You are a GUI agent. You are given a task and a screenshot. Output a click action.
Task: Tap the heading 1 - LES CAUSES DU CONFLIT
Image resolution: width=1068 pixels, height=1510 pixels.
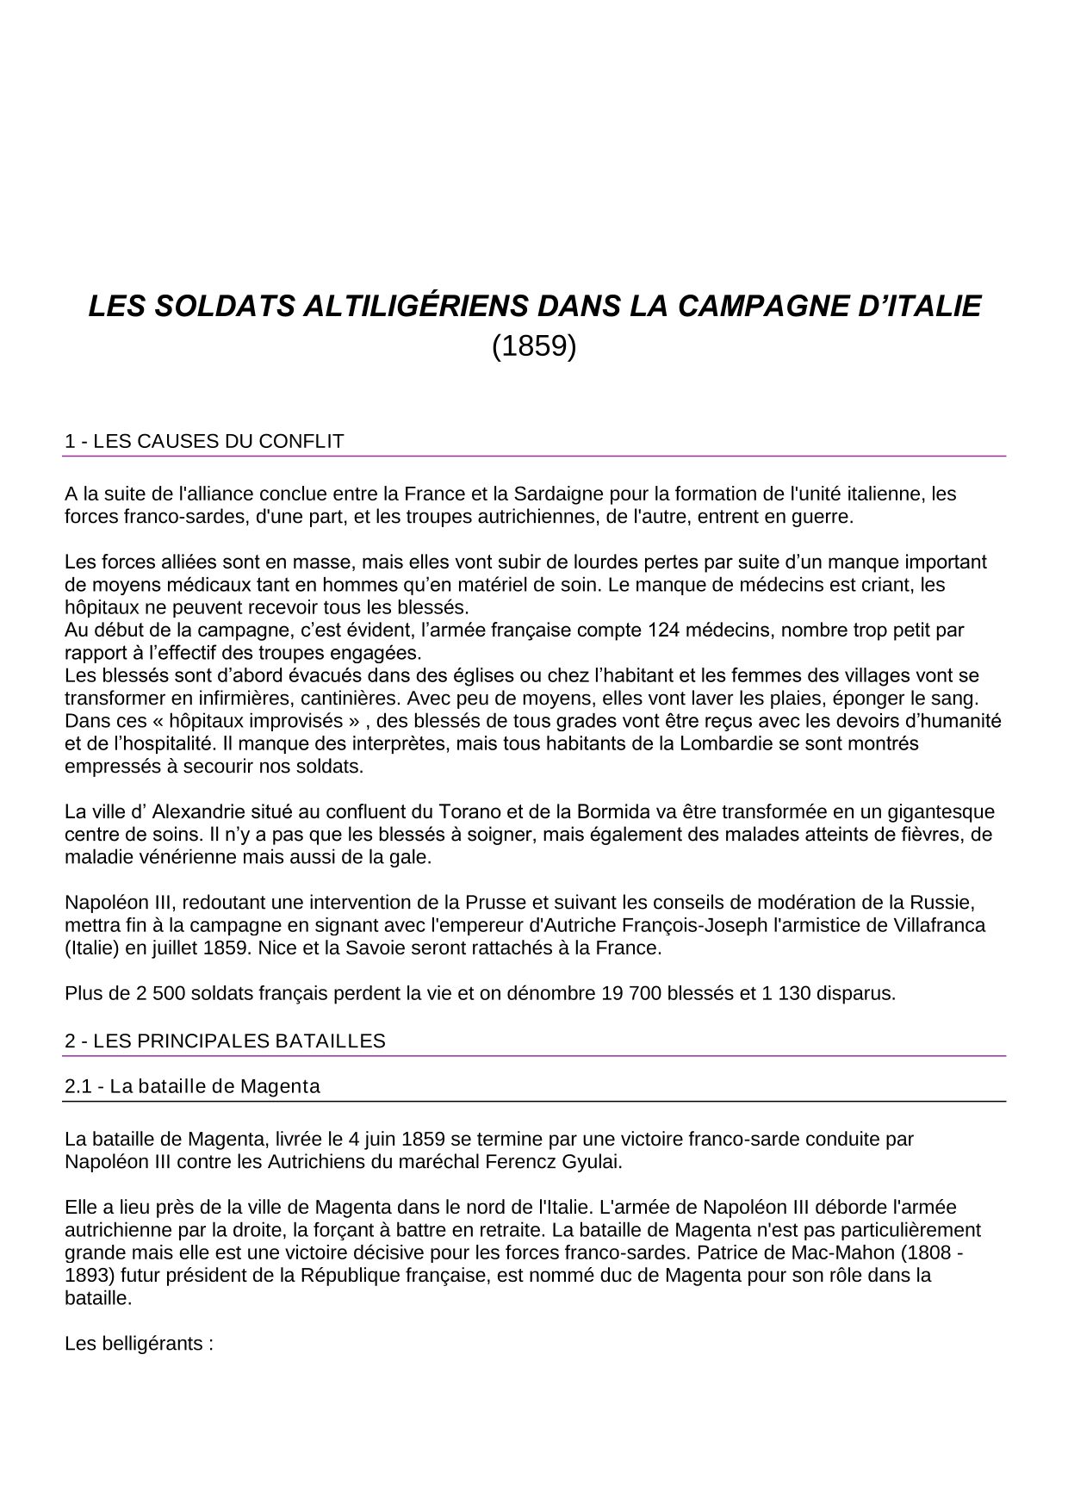pyautogui.click(x=204, y=442)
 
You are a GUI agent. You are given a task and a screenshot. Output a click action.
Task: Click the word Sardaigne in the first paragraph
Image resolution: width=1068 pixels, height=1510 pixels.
pyautogui.click(x=557, y=494)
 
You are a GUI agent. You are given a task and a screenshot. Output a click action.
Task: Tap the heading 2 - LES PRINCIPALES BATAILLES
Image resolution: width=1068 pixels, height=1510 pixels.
pyautogui.click(x=225, y=1041)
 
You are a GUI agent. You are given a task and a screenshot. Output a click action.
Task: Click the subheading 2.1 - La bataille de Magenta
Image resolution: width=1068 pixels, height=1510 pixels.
pyautogui.click(x=192, y=1086)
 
